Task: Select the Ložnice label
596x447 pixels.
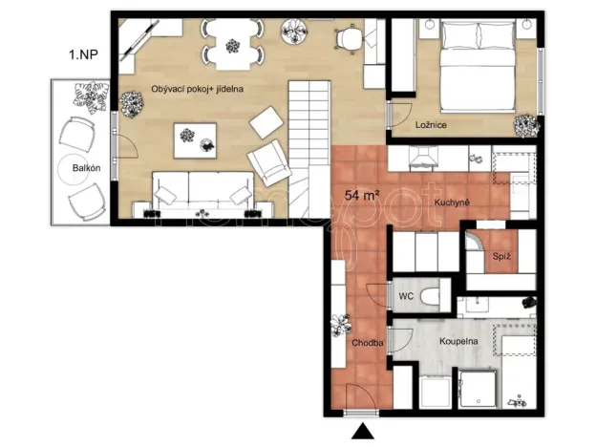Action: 433,125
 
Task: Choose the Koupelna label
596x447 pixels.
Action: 459,339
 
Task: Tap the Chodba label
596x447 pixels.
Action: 368,342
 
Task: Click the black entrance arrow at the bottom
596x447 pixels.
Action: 362,433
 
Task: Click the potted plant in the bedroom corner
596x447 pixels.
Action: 524,125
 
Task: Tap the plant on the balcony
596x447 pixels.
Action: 91,93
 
